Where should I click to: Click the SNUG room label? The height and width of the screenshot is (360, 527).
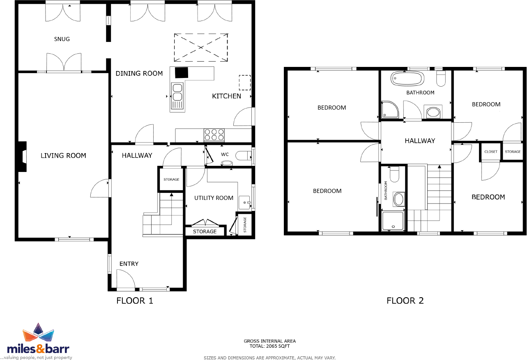click(x=62, y=39)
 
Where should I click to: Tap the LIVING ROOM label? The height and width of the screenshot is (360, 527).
click(x=63, y=156)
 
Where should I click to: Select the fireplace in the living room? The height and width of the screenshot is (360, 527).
click(x=23, y=157)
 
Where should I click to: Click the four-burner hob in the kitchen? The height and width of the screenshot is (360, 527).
click(x=214, y=135)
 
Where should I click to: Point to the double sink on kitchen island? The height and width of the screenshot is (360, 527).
click(x=177, y=96)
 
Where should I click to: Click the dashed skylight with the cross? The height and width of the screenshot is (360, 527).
click(x=200, y=48)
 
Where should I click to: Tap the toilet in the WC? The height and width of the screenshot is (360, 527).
click(x=243, y=156)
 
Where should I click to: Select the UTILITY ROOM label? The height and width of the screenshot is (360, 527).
click(x=214, y=198)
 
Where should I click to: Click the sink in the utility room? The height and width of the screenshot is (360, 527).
click(x=244, y=202)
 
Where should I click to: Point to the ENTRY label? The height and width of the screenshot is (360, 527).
click(x=129, y=264)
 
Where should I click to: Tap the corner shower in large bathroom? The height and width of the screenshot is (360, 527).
click(x=390, y=109)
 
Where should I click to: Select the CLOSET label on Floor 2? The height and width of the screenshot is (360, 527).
click(x=491, y=151)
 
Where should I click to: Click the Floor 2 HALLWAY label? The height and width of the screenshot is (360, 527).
click(x=419, y=141)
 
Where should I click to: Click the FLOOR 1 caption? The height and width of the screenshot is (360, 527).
click(x=135, y=300)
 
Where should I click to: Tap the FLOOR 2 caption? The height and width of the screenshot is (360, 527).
click(x=405, y=300)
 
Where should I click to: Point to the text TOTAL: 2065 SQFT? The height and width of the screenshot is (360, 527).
click(x=269, y=346)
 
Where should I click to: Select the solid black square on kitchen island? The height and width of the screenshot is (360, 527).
click(x=182, y=73)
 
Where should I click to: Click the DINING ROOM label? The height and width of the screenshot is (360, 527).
click(x=139, y=73)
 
